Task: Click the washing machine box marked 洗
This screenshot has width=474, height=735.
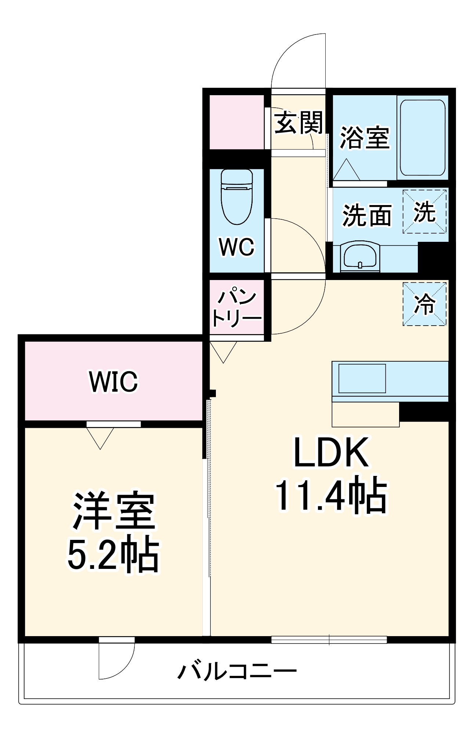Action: pos(425,212)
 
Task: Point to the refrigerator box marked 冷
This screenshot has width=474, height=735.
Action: pos(425,304)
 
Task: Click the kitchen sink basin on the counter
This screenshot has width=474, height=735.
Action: pos(362,379)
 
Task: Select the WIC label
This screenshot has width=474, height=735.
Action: pos(113,381)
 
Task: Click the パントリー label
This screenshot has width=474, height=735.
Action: pos(237,308)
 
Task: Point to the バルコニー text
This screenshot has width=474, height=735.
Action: pos(237,671)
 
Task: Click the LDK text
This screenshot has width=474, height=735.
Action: pos(331,453)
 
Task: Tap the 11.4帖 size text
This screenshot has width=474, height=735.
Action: pos(331,495)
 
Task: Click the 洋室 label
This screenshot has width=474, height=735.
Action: pos(114,511)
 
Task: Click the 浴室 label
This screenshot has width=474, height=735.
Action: pos(365,137)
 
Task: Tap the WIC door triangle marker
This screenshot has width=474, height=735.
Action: pos(100,437)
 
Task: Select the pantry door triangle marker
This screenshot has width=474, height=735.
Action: pos(223,351)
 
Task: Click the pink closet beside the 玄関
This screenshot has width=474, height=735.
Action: pos(237,122)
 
